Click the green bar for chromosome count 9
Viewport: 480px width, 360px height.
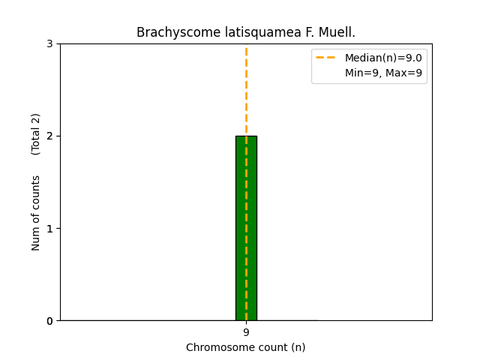(x=246, y=228)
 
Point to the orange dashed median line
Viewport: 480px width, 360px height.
(x=246, y=90)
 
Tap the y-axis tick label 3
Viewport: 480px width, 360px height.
(x=49, y=43)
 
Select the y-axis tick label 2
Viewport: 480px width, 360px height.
(x=49, y=136)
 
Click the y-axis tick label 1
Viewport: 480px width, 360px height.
(x=49, y=228)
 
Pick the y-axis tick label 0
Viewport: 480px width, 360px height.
(x=49, y=321)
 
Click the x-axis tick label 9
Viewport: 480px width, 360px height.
(x=246, y=332)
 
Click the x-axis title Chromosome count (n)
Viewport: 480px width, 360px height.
(x=246, y=347)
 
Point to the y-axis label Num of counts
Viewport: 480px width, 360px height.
(x=36, y=212)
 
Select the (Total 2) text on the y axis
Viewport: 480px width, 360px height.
(x=36, y=133)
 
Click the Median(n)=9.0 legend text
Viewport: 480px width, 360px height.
(x=383, y=58)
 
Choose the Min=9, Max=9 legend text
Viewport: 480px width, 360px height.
(x=383, y=73)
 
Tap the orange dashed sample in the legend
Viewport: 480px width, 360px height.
(x=327, y=58)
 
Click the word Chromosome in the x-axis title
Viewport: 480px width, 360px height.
(x=215, y=347)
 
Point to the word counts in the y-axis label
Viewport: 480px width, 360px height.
(x=36, y=192)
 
